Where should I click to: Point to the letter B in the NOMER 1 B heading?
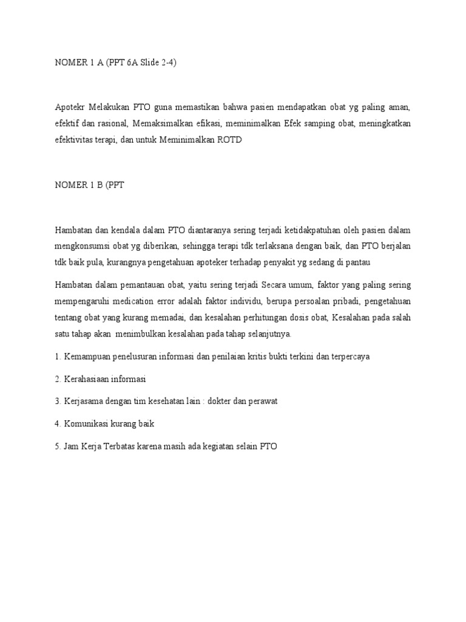99,185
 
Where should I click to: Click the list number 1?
57,357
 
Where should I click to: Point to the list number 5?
57,446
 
